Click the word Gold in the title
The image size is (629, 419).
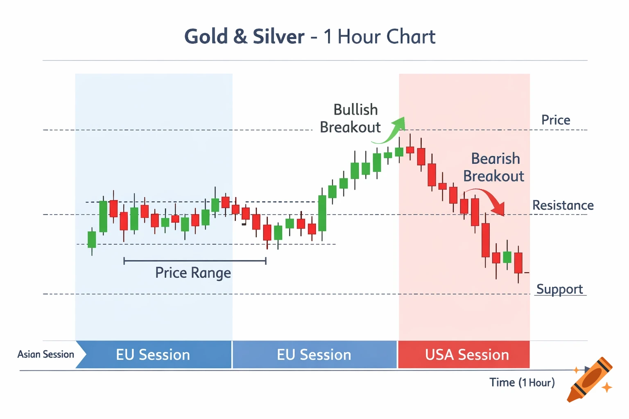coord(206,37)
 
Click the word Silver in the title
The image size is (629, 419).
coord(278,37)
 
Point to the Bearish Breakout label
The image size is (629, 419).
coord(494,167)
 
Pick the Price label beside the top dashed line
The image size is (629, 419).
coord(556,120)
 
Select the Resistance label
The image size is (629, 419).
coord(563,205)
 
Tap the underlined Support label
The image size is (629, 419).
coord(559,289)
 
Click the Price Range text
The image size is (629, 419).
coord(193,273)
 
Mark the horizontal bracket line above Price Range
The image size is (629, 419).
coord(195,261)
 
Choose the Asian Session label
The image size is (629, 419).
coord(46,354)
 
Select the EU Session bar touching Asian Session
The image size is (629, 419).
coord(153,354)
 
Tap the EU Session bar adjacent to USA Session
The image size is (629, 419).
coord(314,354)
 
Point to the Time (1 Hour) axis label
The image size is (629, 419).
coord(522,383)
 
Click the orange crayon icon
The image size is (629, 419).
coord(590,380)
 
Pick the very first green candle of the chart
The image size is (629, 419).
coord(92,239)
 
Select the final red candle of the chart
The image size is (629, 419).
coord(518,263)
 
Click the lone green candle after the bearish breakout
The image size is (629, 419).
coord(507,257)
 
